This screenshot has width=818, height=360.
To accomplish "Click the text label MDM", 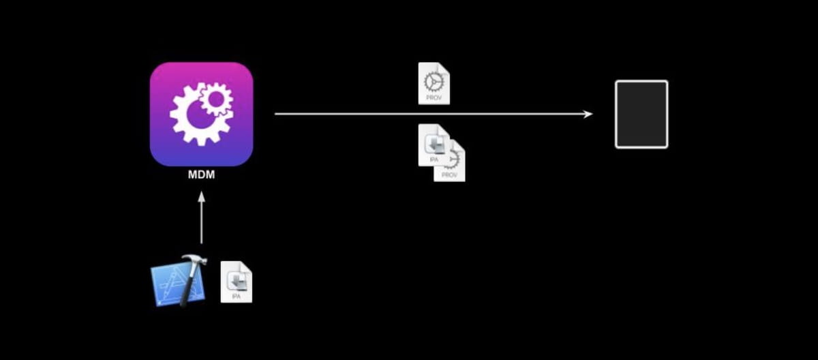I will [201, 175].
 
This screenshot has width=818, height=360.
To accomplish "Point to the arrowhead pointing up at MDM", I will [201, 196].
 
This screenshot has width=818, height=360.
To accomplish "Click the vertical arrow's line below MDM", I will [201, 222].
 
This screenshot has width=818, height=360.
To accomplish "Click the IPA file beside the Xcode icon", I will [236, 282].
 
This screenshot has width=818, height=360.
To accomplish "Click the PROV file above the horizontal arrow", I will [434, 83].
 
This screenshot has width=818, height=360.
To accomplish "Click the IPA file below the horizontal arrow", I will [433, 145].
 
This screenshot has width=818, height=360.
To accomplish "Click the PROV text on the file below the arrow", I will [450, 175].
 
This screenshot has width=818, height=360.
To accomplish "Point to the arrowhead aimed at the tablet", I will [588, 115].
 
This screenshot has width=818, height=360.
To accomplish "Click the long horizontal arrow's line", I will [429, 115].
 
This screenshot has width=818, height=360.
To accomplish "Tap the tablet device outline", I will [641, 114].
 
